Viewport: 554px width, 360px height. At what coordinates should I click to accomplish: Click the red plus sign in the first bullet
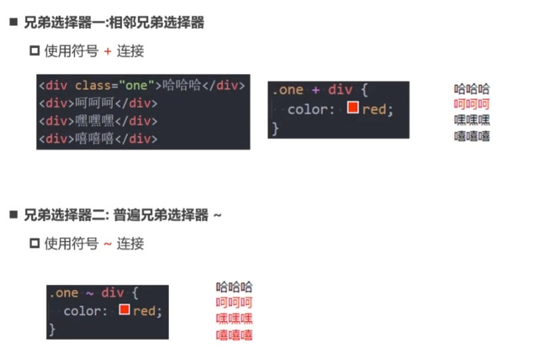108,51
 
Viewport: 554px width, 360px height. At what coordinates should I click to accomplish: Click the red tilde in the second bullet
108,244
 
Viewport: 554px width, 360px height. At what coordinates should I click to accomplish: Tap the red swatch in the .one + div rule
352,107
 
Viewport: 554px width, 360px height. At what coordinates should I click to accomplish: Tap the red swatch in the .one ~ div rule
124,309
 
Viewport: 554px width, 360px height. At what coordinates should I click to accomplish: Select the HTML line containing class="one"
142,86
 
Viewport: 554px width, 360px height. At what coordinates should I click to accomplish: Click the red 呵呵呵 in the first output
472,104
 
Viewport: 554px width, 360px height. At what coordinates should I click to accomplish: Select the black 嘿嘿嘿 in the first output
472,120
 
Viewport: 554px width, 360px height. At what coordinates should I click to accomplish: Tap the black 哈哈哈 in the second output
234,287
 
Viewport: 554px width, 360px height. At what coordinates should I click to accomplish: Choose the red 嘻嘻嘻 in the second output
234,335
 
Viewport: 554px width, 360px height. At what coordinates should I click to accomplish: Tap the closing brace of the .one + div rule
276,127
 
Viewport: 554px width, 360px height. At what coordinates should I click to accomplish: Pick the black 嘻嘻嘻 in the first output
472,136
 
